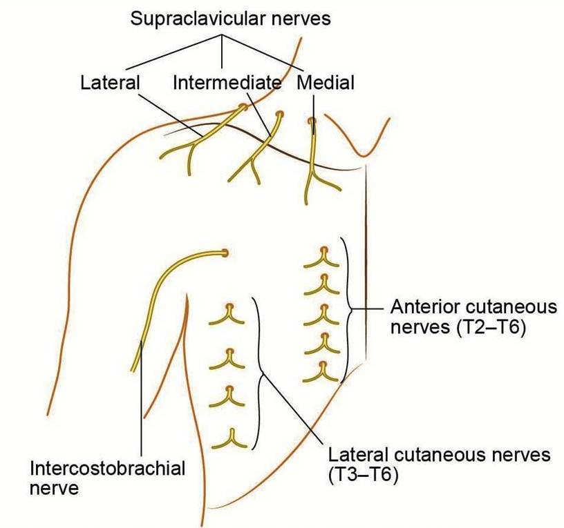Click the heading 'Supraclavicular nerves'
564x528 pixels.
click(231, 18)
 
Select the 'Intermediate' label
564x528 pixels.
click(227, 84)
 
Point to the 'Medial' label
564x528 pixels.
click(326, 84)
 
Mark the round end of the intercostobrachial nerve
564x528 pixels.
click(225, 253)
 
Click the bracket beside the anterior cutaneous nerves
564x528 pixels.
click(347, 309)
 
